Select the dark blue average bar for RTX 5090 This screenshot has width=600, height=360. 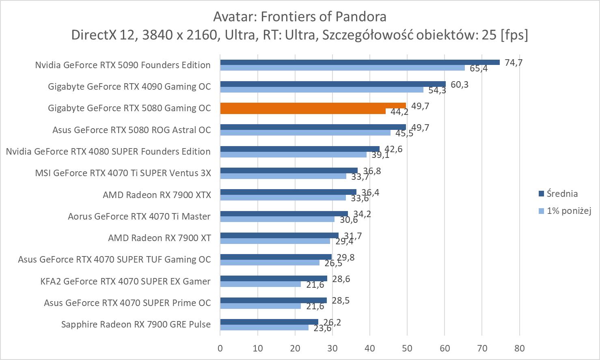pos(360,62)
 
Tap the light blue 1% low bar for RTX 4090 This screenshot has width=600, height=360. pos(322,90)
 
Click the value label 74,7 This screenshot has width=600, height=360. pos(514,63)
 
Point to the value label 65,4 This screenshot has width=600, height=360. pos(479,69)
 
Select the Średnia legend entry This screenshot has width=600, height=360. pos(562,194)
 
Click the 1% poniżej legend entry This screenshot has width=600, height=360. pos(568,211)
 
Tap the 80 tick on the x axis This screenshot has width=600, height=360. pos(519,348)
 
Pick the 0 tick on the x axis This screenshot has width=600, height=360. pos(220,348)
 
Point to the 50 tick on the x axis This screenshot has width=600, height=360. pos(407,348)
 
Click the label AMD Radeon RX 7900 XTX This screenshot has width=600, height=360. pos(157,195)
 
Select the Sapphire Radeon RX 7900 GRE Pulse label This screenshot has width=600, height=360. pos(136,324)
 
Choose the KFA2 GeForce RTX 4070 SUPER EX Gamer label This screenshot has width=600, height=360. pos(125,281)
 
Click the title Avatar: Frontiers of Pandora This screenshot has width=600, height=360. pos(300,17)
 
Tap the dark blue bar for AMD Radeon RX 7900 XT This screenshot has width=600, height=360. pos(279,235)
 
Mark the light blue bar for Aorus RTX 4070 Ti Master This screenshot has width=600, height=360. pos(277,219)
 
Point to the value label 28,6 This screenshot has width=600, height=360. pos(341,279)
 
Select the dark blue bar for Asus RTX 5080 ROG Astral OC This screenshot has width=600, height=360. pos(313,127)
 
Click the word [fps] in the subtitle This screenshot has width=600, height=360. pos(514,35)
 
